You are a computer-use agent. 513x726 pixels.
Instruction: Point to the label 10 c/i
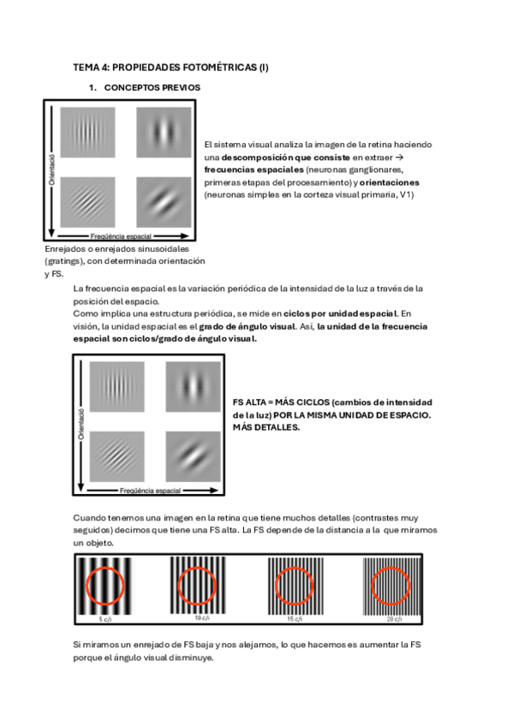201,617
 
